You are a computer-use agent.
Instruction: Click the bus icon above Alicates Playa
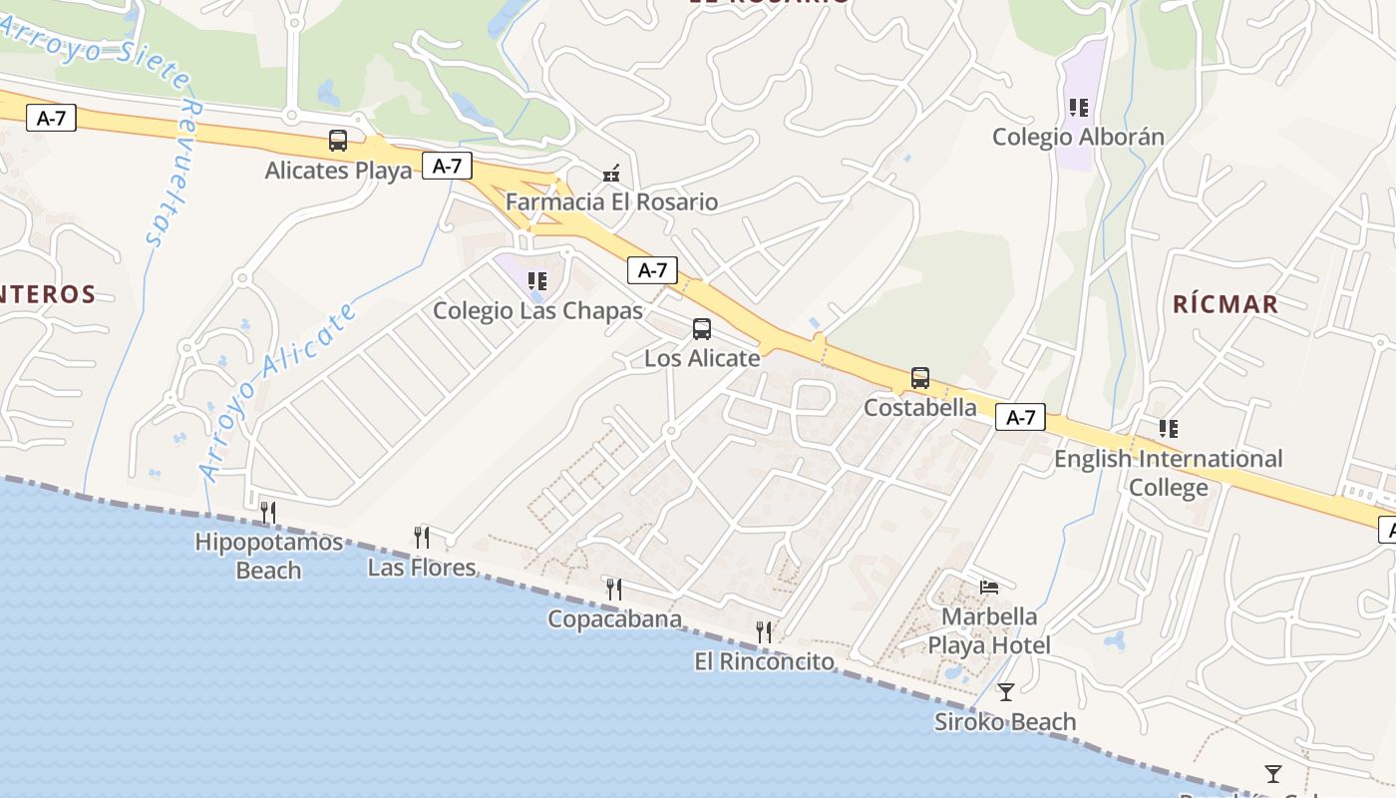(338, 141)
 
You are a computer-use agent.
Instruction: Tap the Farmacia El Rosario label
(611, 201)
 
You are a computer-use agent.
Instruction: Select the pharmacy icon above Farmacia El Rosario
(612, 174)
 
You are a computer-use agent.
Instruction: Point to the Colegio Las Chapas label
(537, 310)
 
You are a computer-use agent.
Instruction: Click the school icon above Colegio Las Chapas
(537, 281)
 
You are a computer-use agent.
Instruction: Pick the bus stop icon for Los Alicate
(702, 329)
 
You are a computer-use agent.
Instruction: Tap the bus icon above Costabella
(919, 379)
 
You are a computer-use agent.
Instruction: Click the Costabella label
(919, 407)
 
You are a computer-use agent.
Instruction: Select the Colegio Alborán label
(1078, 137)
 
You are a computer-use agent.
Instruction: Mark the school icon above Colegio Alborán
(1078, 108)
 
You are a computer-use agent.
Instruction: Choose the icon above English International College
(1168, 429)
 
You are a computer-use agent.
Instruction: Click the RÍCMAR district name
(1224, 304)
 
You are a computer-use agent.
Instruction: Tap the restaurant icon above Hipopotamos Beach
(267, 513)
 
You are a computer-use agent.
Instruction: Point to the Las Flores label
(422, 568)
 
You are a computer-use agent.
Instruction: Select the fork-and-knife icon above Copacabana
(613, 590)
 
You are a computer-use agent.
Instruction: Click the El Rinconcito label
(764, 660)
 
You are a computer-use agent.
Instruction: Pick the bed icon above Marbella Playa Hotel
(989, 587)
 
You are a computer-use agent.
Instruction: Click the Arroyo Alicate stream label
(278, 391)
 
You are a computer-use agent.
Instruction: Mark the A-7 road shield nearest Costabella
(1020, 417)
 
